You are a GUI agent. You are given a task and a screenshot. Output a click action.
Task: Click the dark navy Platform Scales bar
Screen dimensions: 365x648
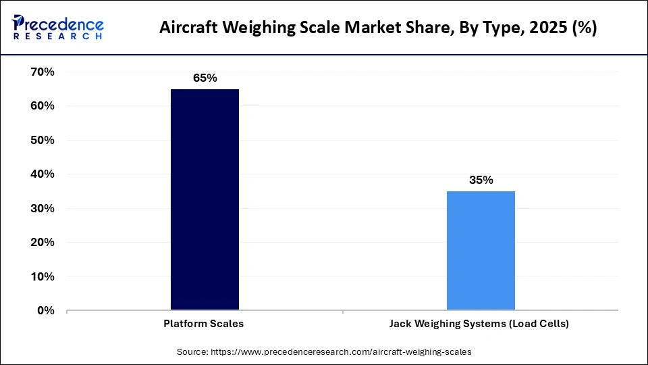[205, 199]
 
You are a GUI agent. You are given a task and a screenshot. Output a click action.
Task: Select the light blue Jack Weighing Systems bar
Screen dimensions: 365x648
[481, 251]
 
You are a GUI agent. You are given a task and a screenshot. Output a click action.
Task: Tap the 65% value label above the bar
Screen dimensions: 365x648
[205, 78]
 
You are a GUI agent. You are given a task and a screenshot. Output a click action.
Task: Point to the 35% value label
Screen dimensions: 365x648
[481, 180]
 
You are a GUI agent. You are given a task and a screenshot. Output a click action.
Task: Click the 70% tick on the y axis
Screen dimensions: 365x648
[42, 72]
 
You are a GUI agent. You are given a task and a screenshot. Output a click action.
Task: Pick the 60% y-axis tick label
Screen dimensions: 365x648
[42, 106]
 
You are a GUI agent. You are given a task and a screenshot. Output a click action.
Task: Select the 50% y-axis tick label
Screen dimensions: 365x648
[42, 140]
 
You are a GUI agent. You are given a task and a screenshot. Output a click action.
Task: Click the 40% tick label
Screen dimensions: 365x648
[42, 174]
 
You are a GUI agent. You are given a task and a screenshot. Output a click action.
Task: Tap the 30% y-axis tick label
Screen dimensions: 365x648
[42, 208]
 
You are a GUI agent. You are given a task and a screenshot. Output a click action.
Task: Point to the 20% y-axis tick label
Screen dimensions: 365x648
[42, 243]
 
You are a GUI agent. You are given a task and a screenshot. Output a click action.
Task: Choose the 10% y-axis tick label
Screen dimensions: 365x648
[42, 276]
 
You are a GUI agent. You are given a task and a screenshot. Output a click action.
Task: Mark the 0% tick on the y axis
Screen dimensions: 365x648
[45, 311]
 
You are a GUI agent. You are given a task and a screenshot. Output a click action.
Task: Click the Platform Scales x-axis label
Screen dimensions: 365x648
[204, 324]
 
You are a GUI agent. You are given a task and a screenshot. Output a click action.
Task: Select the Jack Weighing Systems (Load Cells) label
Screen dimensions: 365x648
[479, 324]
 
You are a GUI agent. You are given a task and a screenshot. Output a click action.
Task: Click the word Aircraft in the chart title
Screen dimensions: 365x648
[186, 29]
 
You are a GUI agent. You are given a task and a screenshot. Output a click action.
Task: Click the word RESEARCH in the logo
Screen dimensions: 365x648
[57, 36]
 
